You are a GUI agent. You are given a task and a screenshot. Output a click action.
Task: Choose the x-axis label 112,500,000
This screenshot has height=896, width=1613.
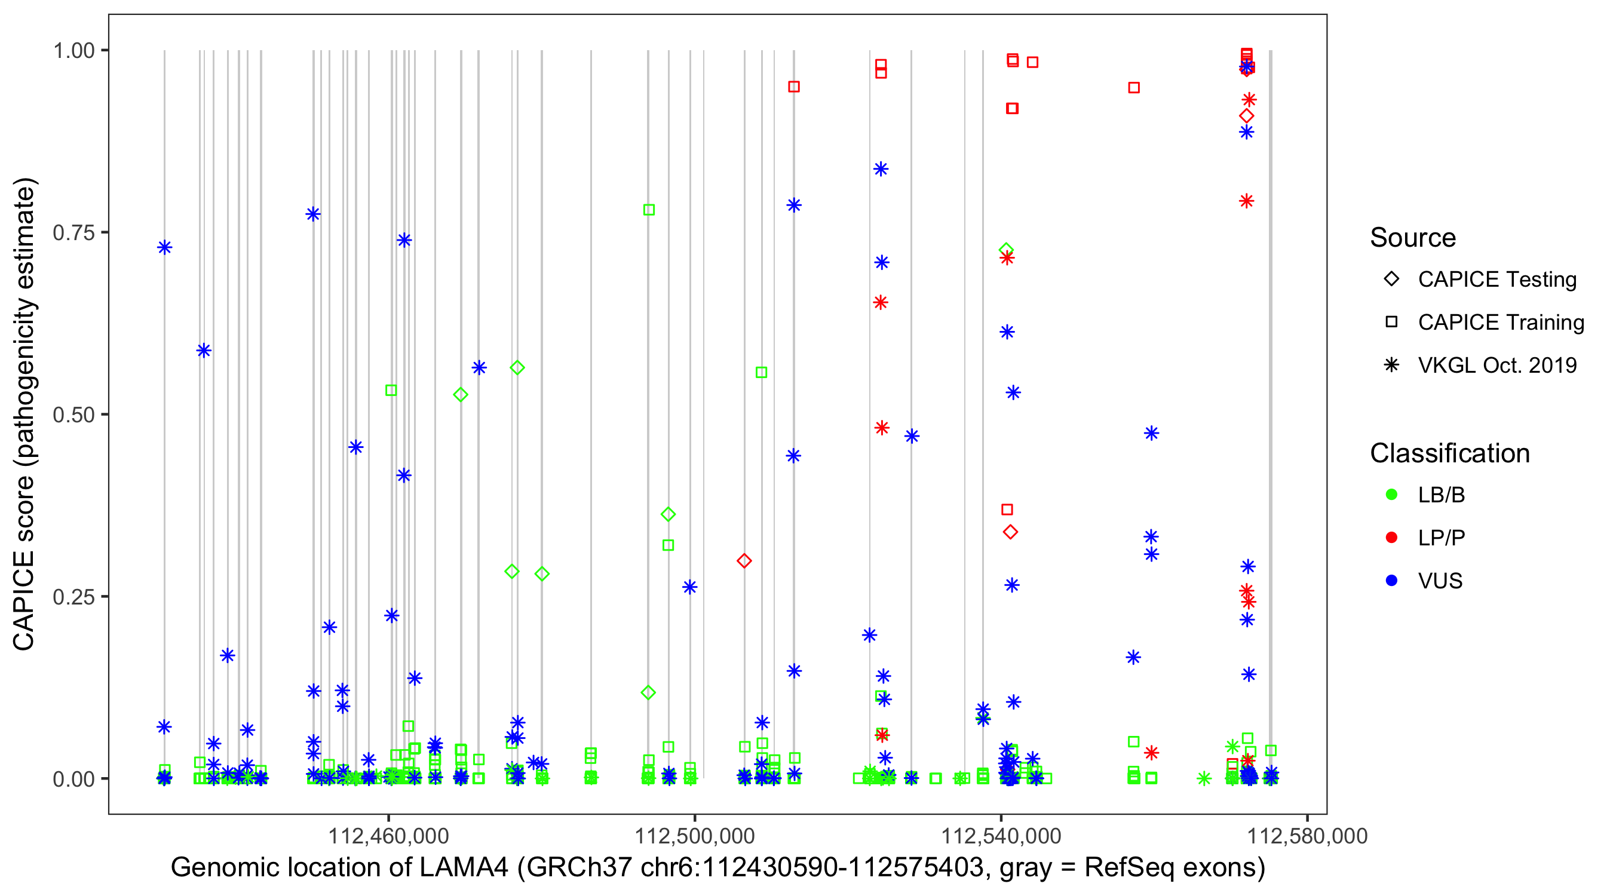coord(694,835)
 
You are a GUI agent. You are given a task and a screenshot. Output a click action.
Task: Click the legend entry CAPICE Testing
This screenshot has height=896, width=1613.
coord(1497,280)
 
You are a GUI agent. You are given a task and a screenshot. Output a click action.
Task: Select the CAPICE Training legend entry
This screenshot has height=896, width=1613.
coord(1500,323)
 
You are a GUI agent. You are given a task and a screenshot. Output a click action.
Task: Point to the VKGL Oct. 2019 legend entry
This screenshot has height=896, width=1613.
coord(1497,365)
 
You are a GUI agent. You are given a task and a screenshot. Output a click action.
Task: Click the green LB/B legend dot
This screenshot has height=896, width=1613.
coord(1391,495)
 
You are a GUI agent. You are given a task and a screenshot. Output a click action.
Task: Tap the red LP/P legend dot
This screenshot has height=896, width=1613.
coord(1391,538)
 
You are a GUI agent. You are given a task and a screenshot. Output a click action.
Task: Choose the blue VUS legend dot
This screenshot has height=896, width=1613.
coord(1391,581)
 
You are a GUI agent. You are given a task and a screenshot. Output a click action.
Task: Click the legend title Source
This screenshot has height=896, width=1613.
coord(1413,238)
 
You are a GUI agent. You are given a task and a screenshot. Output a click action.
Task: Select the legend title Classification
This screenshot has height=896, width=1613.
coord(1449,453)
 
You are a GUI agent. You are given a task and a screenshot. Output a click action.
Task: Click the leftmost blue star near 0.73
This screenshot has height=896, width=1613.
coord(165,247)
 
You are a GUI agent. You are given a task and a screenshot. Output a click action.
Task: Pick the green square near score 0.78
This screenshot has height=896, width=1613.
coord(649,210)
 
